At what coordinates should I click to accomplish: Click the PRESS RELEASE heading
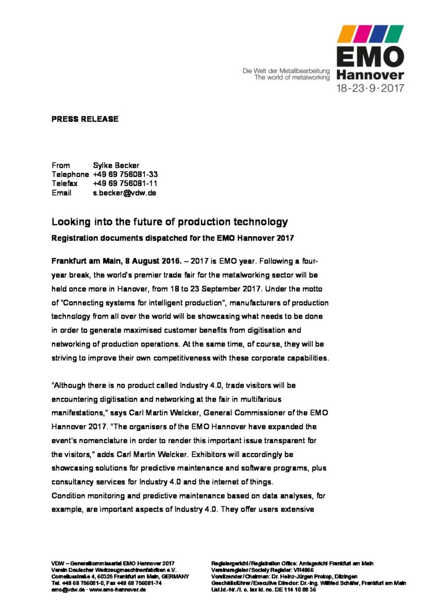point(85,119)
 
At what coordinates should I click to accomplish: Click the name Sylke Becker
point(116,165)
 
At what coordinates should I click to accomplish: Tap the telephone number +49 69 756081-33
point(125,174)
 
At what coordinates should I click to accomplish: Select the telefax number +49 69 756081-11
point(125,184)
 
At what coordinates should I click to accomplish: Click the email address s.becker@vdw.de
point(124,193)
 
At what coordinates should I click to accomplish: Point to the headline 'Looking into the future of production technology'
point(169,222)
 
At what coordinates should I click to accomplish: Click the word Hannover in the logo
point(370,76)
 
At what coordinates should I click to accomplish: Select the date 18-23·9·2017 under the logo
point(370,88)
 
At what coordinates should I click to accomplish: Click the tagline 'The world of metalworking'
point(291,78)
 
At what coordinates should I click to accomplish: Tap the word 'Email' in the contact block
point(61,193)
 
